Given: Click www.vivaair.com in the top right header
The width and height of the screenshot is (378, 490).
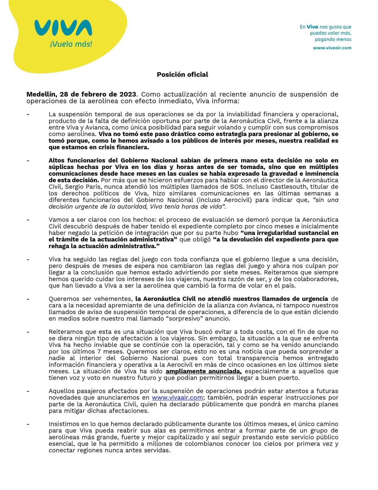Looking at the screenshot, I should (x=332, y=48).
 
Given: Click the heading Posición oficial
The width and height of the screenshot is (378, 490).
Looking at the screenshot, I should (x=183, y=74).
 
